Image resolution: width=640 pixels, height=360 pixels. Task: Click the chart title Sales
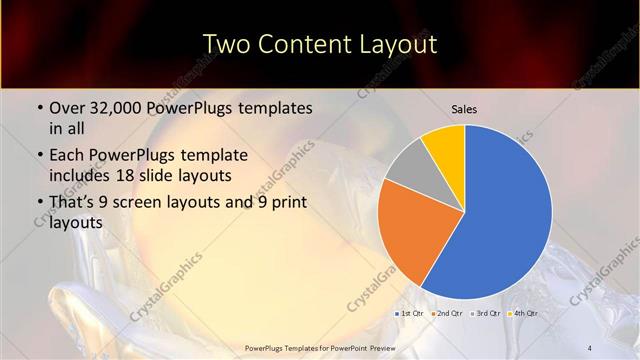click(x=464, y=108)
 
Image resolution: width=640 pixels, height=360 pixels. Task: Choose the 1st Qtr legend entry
click(x=410, y=314)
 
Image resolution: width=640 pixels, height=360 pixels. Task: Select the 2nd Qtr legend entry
click(x=446, y=314)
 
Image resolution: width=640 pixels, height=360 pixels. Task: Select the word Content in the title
click(x=304, y=44)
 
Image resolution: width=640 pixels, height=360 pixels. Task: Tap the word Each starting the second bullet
click(x=66, y=156)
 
